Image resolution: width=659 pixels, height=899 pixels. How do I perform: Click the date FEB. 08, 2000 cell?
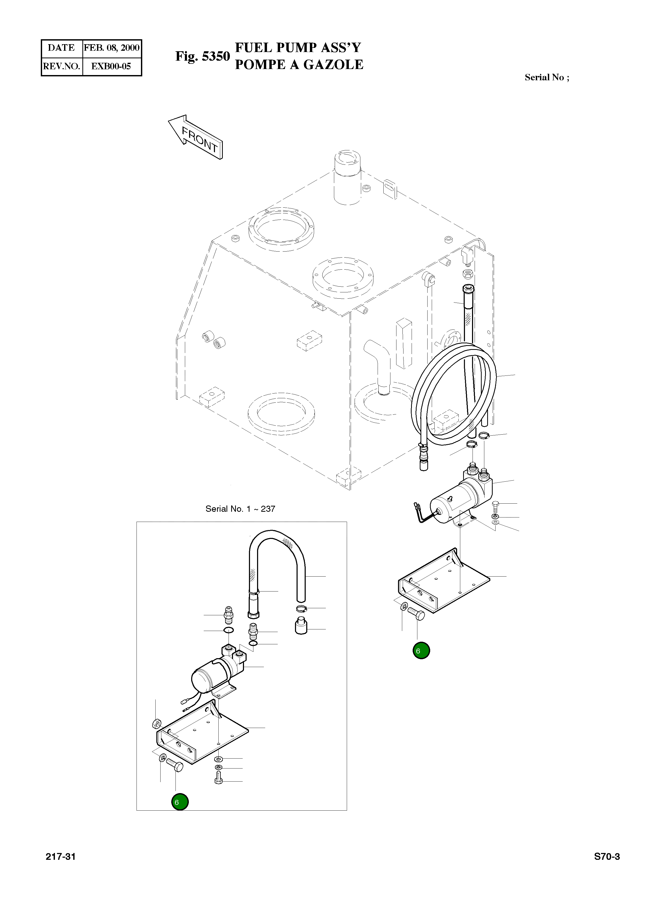point(112,48)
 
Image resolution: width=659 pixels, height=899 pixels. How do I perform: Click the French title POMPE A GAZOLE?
point(299,65)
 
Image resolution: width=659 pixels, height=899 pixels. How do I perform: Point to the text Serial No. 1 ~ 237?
point(240,509)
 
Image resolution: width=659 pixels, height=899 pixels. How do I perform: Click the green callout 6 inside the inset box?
point(180,802)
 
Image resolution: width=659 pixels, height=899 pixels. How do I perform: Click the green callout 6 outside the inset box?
point(421,651)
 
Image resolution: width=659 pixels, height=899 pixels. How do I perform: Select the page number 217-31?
point(61,857)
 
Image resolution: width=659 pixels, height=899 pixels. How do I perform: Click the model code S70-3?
point(607,857)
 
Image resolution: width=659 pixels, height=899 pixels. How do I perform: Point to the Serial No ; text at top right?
point(547,77)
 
